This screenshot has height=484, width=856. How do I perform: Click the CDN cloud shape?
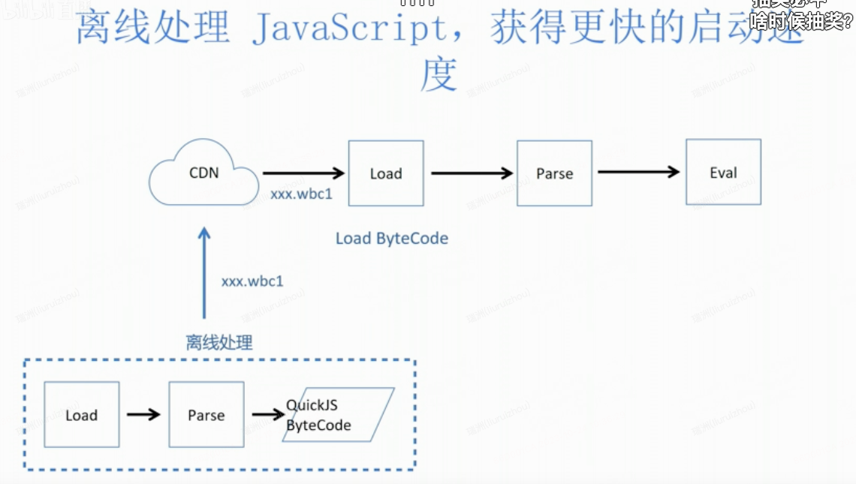(x=203, y=174)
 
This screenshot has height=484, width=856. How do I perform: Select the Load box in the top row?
(x=386, y=173)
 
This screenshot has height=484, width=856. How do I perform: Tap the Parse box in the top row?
(x=554, y=173)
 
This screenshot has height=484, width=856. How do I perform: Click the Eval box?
(x=723, y=173)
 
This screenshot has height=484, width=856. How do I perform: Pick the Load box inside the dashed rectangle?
(x=81, y=415)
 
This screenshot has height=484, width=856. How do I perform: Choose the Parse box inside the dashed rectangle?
(x=206, y=415)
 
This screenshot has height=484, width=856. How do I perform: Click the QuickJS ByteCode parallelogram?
(x=338, y=415)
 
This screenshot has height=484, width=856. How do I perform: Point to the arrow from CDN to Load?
(x=303, y=173)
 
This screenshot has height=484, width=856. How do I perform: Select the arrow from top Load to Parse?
(x=472, y=173)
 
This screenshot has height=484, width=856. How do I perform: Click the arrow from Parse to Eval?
(x=638, y=173)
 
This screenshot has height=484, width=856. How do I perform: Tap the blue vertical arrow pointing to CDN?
(x=203, y=274)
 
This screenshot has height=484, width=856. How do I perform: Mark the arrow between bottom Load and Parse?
(x=143, y=414)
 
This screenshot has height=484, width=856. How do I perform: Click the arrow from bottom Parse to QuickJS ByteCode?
(x=268, y=414)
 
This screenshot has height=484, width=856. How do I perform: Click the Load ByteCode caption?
(x=391, y=239)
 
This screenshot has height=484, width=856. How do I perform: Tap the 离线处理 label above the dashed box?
(x=219, y=343)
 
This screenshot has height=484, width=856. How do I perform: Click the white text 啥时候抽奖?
(x=801, y=21)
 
